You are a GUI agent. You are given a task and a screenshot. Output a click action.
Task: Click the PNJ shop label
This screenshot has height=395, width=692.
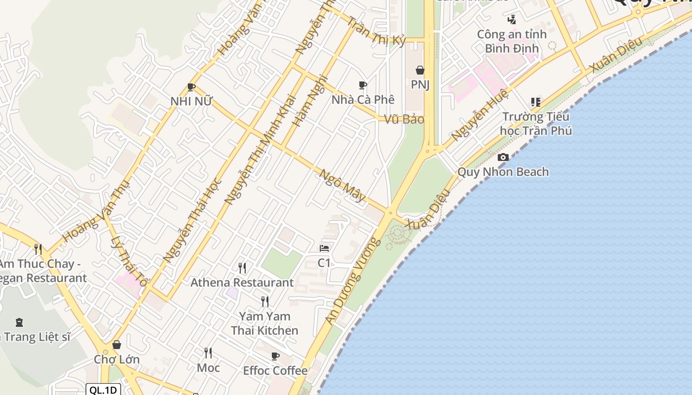coord(420,84)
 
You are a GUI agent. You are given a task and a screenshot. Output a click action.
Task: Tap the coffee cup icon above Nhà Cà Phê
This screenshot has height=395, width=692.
coord(363,85)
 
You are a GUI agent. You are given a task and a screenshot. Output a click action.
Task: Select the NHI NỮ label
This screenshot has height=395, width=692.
coord(191,101)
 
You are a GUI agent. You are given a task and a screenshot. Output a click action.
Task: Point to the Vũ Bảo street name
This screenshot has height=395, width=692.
coord(404,119)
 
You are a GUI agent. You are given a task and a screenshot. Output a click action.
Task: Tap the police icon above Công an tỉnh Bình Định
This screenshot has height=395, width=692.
coord(512,20)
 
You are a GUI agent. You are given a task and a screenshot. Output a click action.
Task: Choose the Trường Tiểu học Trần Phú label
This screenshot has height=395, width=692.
coord(536,124)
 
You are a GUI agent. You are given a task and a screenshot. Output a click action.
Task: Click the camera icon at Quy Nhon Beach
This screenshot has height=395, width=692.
coord(503,158)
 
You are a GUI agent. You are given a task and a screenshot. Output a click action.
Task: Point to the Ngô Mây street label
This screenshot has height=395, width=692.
coord(343,186)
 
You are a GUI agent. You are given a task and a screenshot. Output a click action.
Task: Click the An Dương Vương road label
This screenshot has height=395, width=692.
coord(354,281)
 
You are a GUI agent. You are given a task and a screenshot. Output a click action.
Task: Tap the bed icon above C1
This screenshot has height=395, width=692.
coord(324,248)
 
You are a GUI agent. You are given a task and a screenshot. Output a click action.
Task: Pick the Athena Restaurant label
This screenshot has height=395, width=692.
coord(242,282)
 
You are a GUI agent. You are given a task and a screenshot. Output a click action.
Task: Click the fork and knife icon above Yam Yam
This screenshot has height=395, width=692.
coord(265,301)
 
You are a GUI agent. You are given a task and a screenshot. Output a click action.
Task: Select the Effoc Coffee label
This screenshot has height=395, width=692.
coord(275,370)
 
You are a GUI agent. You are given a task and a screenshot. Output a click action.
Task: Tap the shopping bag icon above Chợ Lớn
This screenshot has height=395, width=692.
coord(117,345)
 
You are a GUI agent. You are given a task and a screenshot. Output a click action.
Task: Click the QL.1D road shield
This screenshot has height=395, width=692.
coord(103,390)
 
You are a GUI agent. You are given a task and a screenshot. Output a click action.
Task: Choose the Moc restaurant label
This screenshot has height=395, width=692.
coord(208,367)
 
